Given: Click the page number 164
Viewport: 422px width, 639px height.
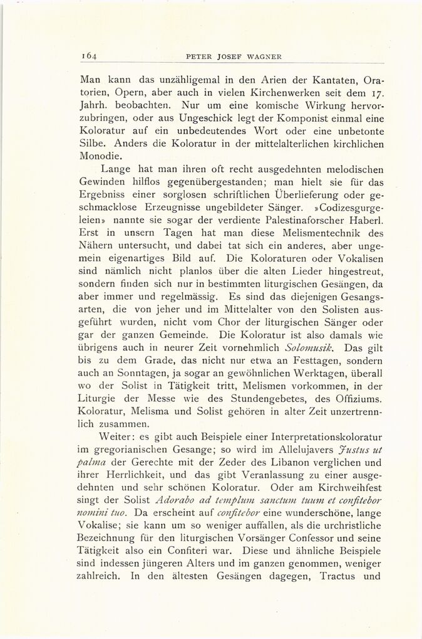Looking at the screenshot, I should click(x=88, y=56).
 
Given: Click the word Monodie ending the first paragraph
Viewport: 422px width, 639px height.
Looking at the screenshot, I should click(x=102, y=157).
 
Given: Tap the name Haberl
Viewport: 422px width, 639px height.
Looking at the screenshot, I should click(x=366, y=220).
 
